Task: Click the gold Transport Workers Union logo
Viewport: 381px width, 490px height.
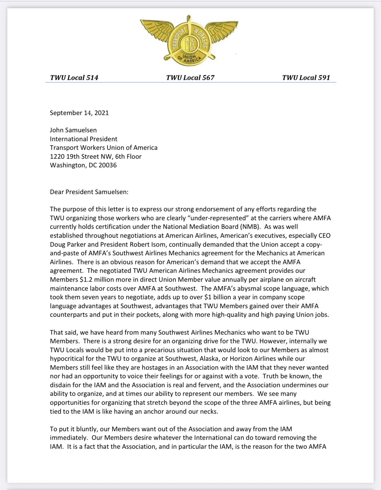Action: coord(189,40)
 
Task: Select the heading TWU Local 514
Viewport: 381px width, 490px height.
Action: coord(74,78)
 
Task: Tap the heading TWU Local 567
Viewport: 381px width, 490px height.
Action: coord(190,78)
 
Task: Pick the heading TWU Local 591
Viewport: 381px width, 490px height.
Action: coord(306,78)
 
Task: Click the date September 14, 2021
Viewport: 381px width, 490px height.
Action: coord(79,113)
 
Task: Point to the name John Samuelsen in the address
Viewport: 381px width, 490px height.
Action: coord(73,130)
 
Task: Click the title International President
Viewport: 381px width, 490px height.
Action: coord(84,139)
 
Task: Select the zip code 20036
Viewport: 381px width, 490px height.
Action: coord(108,165)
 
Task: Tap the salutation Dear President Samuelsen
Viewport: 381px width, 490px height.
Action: coord(89,192)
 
